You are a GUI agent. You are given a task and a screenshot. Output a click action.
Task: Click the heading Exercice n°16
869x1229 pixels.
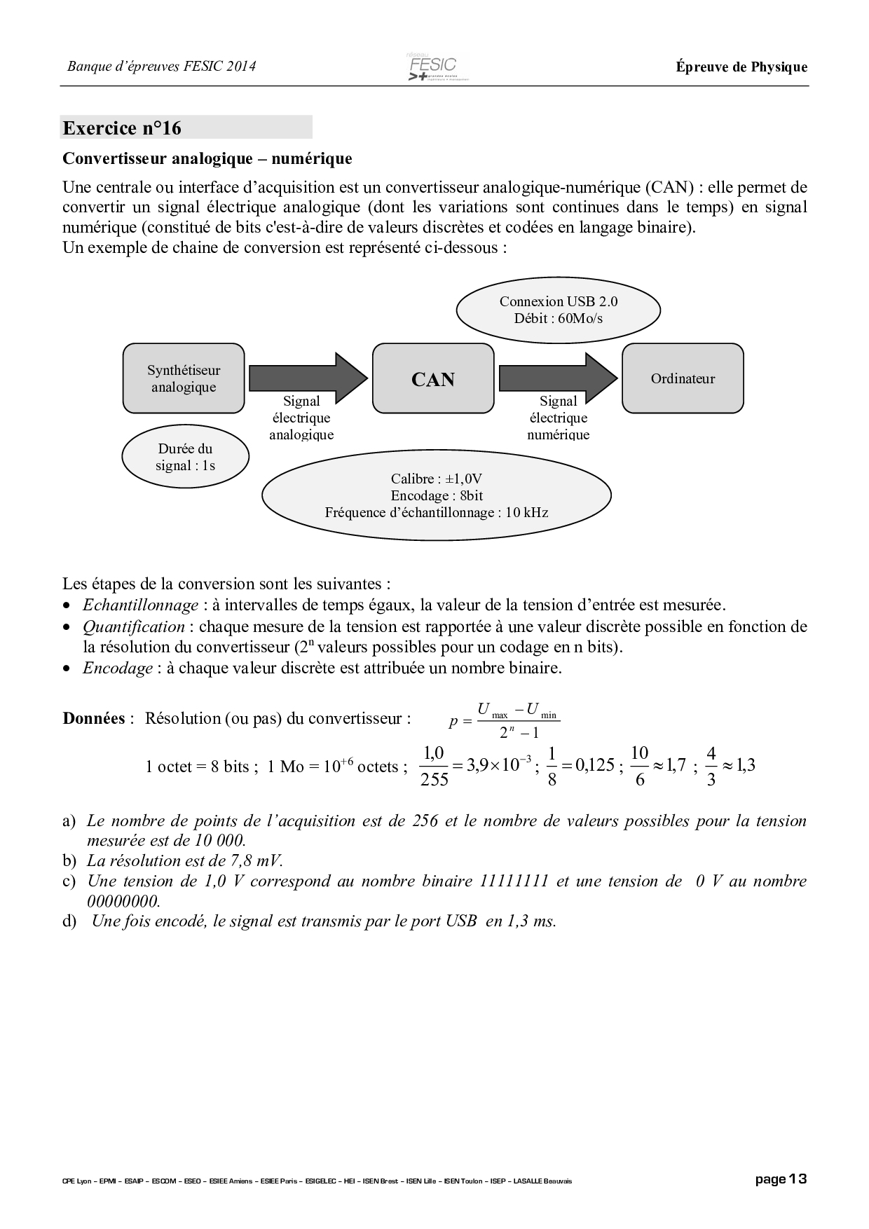point(122,128)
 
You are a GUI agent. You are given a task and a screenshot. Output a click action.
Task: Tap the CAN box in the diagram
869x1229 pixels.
point(433,378)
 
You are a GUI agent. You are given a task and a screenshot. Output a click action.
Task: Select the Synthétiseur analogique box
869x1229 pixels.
point(184,378)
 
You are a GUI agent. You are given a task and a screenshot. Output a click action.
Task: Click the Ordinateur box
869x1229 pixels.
point(683,378)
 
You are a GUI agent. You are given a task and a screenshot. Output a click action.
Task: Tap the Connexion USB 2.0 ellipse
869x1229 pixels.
point(559,310)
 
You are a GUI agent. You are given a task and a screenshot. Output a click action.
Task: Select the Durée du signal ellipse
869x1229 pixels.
point(185,458)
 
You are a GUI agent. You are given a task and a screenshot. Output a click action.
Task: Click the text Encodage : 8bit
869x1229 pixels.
point(437,496)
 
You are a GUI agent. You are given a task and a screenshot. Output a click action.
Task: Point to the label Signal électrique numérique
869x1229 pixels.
point(559,418)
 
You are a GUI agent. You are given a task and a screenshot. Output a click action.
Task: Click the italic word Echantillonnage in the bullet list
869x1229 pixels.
point(141,605)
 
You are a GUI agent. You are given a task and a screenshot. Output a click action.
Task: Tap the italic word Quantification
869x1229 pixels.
point(134,626)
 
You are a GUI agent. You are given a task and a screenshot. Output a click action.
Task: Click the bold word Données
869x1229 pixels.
point(94,718)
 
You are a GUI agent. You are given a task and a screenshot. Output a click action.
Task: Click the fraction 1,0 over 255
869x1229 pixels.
point(434,766)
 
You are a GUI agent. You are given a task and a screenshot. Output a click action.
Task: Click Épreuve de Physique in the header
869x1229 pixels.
point(741,67)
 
